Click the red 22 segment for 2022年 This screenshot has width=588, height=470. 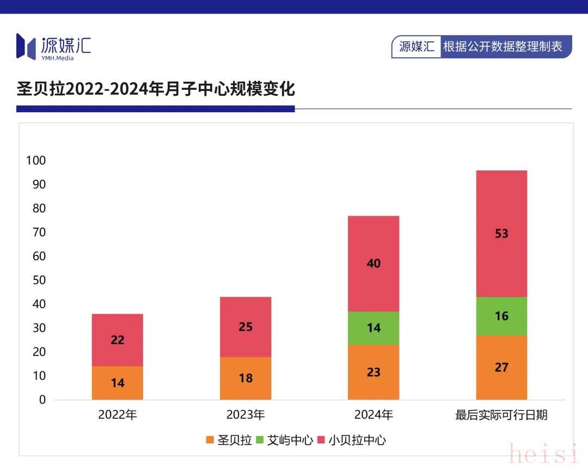tap(117, 340)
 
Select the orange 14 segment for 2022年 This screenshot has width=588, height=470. tap(117, 383)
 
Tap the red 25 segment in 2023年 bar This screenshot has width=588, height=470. tap(246, 327)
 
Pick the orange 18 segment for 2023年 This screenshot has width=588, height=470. tap(246, 378)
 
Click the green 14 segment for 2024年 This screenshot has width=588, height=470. tap(373, 328)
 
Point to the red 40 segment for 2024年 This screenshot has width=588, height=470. tap(373, 264)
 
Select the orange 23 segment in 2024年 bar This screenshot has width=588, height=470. tap(373, 373)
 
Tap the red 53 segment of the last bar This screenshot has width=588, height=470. tap(501, 234)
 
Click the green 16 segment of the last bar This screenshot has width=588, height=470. tap(501, 316)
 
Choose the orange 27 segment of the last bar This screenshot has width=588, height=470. tap(501, 368)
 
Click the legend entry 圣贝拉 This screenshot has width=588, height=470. tap(229, 440)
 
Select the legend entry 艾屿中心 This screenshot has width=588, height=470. tap(285, 440)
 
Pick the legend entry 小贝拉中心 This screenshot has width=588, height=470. tap(352, 440)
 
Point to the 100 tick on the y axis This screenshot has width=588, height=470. tap(35, 161)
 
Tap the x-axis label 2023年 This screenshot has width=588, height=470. tap(246, 415)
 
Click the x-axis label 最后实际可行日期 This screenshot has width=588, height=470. tap(501, 415)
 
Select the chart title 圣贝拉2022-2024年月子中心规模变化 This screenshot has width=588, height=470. tap(156, 89)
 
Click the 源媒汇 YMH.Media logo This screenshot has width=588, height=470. tap(53, 46)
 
